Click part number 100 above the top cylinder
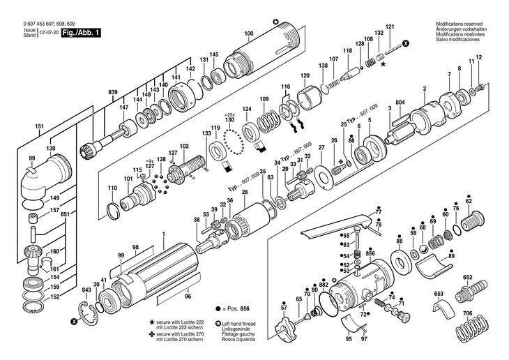click(x=248, y=34)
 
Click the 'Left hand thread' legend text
click(x=241, y=324)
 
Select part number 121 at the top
click(x=390, y=27)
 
